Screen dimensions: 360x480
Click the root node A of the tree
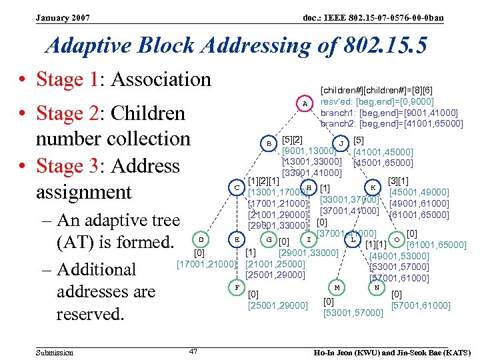pyautogui.click(x=305, y=104)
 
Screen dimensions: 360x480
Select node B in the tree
pyautogui.click(x=269, y=143)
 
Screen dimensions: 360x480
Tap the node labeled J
pyautogui.click(x=341, y=143)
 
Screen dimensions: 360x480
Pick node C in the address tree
pyautogui.click(x=237, y=188)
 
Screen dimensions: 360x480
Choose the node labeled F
pyautogui.click(x=237, y=287)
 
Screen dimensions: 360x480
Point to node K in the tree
pyautogui.click(x=373, y=188)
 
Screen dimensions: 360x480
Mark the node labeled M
pyautogui.click(x=337, y=287)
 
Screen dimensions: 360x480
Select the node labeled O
pyautogui.click(x=397, y=239)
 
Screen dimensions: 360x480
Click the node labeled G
pyautogui.click(x=269, y=239)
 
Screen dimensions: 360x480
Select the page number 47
pyautogui.click(x=193, y=351)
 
